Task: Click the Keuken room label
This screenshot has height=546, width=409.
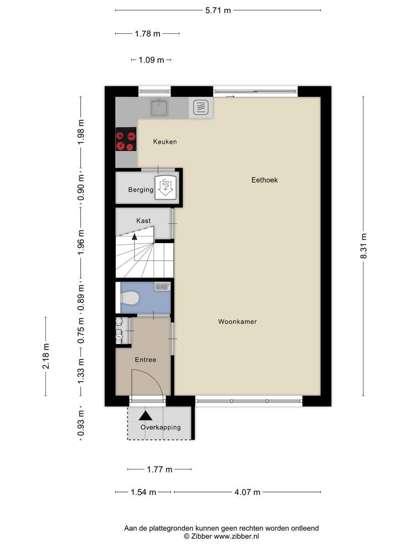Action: click(165, 142)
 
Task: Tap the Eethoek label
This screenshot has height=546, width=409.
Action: click(265, 179)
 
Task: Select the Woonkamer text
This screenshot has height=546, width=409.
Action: click(237, 322)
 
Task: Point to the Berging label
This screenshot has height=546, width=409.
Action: click(140, 190)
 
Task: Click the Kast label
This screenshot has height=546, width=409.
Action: click(143, 221)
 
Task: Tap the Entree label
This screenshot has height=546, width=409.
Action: click(145, 360)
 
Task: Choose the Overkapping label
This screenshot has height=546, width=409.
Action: click(161, 427)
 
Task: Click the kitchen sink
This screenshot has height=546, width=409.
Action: click(160, 107)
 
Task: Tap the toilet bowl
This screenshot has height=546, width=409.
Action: click(130, 298)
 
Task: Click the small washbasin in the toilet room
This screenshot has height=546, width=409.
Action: click(162, 287)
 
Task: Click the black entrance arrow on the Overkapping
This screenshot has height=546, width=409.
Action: click(146, 415)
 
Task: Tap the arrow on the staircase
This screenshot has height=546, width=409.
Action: click(134, 236)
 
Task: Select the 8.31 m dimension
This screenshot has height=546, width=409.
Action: click(363, 246)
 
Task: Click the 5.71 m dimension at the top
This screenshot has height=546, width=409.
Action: click(218, 10)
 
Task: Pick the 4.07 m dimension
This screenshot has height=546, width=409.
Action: click(248, 492)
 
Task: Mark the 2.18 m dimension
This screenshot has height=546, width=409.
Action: click(45, 357)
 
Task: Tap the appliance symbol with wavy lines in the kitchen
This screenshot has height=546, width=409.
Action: click(200, 107)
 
